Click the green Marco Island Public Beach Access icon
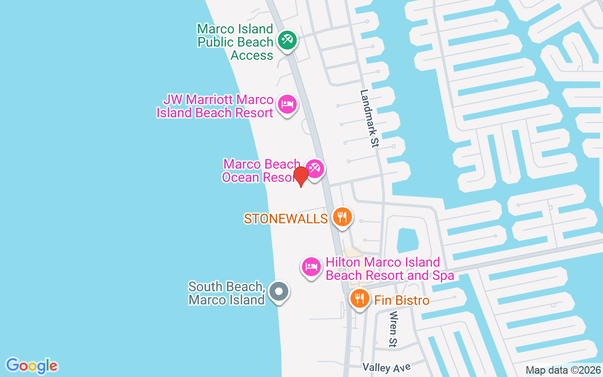pyautogui.click(x=286, y=40)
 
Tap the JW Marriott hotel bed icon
pyautogui.click(x=286, y=104)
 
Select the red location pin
pyautogui.click(x=301, y=176)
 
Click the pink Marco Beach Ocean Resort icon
pyautogui.click(x=314, y=168)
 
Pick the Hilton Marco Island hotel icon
pyautogui.click(x=311, y=267)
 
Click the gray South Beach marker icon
pyautogui.click(x=278, y=291)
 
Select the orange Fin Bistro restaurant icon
pyautogui.click(x=360, y=298)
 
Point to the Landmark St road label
pyautogui.click(x=369, y=119)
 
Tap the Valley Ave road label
pyautogui.click(x=387, y=367)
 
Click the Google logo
pyautogui.click(x=32, y=366)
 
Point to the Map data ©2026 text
pyautogui.click(x=563, y=370)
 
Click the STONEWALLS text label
pyautogui.click(x=285, y=218)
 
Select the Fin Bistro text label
pyautogui.click(x=402, y=300)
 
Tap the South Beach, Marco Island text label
pyautogui.click(x=227, y=293)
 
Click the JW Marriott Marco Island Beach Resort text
pyautogui.click(x=215, y=106)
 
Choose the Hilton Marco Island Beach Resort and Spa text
pyautogui.click(x=390, y=269)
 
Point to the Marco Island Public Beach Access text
pyautogui.click(x=235, y=42)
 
